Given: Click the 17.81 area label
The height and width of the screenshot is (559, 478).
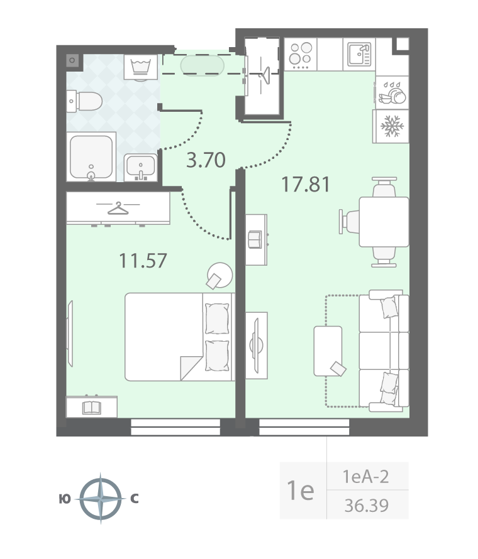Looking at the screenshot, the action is click(306, 185).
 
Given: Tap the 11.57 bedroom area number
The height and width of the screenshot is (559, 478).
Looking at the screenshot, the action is click(143, 261).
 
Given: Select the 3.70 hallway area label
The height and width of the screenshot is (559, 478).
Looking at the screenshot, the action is click(206, 160).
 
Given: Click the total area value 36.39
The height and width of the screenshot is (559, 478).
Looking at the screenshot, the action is click(367, 505).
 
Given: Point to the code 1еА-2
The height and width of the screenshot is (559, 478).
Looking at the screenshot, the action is click(365, 476).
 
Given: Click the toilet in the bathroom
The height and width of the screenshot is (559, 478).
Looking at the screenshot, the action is click(85, 101).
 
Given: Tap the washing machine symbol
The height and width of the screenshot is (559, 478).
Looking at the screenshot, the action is click(141, 67).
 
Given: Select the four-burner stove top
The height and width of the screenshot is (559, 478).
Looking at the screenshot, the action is click(300, 55).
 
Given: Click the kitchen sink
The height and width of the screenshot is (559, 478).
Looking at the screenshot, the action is click(359, 54).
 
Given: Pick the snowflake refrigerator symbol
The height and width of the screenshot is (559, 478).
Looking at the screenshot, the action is click(392, 126).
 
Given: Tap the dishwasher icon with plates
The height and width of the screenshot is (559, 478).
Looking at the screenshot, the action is click(392, 93).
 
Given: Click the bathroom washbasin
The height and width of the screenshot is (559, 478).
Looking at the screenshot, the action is click(141, 167).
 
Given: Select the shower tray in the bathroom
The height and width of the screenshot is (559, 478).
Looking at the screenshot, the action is click(91, 157).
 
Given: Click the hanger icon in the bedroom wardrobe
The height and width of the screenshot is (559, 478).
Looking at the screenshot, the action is click(118, 209).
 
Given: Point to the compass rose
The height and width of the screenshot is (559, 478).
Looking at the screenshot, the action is click(101, 498).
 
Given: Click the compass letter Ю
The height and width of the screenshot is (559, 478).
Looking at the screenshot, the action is click(65, 499).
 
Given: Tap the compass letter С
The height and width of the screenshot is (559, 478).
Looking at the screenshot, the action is click(134, 499).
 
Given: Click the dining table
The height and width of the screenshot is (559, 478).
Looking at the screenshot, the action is click(384, 222).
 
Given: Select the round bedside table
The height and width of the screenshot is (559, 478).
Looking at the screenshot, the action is click(220, 275).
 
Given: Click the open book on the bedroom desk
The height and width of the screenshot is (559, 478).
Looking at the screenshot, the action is click(92, 408).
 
